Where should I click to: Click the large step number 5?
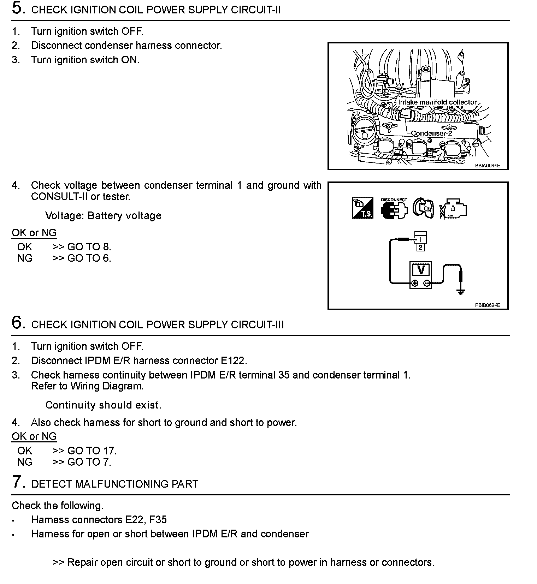[x=18, y=8]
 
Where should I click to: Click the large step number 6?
[x=18, y=322]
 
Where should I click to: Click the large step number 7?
[x=18, y=482]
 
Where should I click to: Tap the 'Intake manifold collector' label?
[x=437, y=102]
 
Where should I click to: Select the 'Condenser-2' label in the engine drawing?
[x=431, y=133]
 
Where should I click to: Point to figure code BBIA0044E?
[x=487, y=165]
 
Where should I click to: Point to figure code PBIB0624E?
[x=487, y=305]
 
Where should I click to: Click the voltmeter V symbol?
[x=421, y=270]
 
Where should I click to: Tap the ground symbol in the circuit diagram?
[x=461, y=291]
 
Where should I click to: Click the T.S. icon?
[x=362, y=208]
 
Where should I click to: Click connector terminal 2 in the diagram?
[x=420, y=247]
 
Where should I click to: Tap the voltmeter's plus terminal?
[x=415, y=283]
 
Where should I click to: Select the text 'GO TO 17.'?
[x=92, y=451]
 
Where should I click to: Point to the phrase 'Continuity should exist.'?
[x=103, y=405]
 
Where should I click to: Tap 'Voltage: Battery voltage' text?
[x=103, y=215]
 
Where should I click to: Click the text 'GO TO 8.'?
[x=89, y=247]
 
